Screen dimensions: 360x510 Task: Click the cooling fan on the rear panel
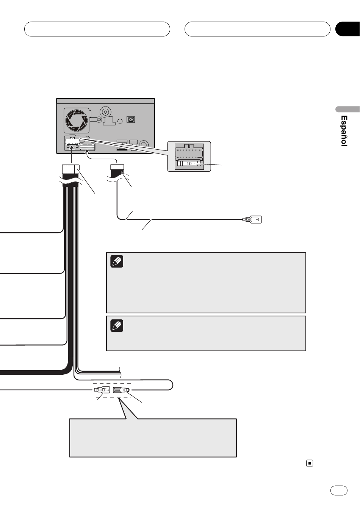coord(77,120)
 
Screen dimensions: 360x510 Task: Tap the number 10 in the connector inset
coord(189,163)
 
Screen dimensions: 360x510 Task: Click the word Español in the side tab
coord(344,131)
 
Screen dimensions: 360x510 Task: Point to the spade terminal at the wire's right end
coord(252,219)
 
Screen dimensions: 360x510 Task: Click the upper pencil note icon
coord(117,261)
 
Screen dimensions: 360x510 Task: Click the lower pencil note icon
coord(117,325)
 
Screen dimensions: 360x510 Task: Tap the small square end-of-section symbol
coord(310,463)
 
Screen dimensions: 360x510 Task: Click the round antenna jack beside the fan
coord(105,112)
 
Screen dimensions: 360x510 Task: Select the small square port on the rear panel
coord(131,119)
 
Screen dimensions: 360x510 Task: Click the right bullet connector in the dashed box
coord(121,390)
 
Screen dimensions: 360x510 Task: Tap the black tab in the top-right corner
coord(348,29)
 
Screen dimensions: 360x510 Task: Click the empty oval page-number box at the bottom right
coord(339,491)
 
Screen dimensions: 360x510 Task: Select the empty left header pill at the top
coord(97,29)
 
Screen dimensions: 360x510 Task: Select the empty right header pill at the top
coord(257,29)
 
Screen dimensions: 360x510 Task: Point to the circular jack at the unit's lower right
coord(144,145)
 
